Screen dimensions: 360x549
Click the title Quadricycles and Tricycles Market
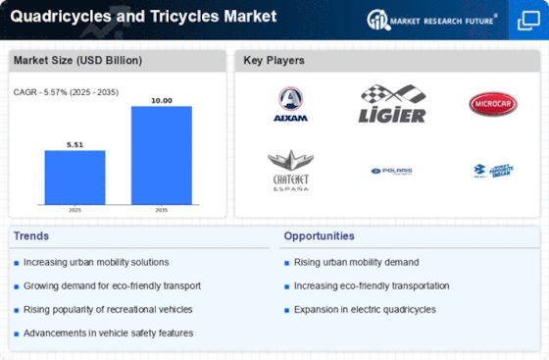coord(143,17)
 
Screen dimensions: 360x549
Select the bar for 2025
coord(75,178)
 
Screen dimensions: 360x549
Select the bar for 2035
coord(162,155)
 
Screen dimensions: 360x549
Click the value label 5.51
coord(75,143)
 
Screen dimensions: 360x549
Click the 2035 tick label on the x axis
coord(162,210)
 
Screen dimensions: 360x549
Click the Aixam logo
coord(291,103)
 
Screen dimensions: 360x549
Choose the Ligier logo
coord(393,103)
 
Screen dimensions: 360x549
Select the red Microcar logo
coord(491,103)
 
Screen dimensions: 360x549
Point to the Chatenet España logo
coord(291,171)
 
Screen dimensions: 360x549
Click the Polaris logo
coord(392,171)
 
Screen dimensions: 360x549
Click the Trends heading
coord(31,236)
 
